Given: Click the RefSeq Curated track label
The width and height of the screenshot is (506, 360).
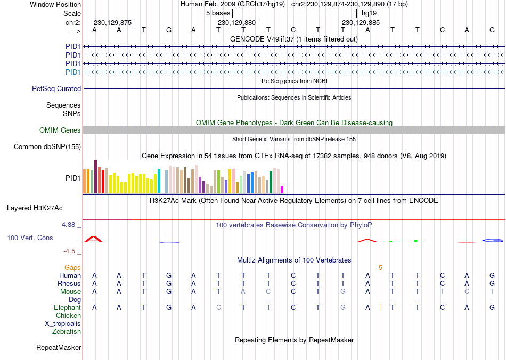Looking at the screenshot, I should (56, 89).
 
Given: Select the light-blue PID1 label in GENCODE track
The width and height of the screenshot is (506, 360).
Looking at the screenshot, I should (73, 72).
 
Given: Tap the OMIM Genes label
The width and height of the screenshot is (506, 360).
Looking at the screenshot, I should (60, 130).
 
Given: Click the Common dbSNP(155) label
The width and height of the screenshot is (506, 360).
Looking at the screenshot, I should (47, 147).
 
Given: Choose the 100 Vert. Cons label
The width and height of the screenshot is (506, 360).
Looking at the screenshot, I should (30, 238).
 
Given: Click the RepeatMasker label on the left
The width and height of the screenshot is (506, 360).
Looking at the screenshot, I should (59, 348).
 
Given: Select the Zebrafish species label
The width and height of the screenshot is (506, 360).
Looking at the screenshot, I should (67, 332).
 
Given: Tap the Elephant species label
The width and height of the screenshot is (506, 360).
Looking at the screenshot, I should (67, 308).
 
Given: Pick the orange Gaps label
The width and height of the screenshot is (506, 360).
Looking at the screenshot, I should (72, 267).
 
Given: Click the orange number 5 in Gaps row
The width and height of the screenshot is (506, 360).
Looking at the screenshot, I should (380, 267).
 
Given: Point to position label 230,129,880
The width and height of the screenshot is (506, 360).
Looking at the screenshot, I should (237, 23).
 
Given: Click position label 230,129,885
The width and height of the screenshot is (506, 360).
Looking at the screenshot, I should (361, 23).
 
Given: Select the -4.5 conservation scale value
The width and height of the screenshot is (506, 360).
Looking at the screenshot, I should (69, 251).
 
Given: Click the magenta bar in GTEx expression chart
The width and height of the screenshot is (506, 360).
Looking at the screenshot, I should (282, 189).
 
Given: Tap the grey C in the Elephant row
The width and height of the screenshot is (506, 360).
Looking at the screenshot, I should (218, 308).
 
